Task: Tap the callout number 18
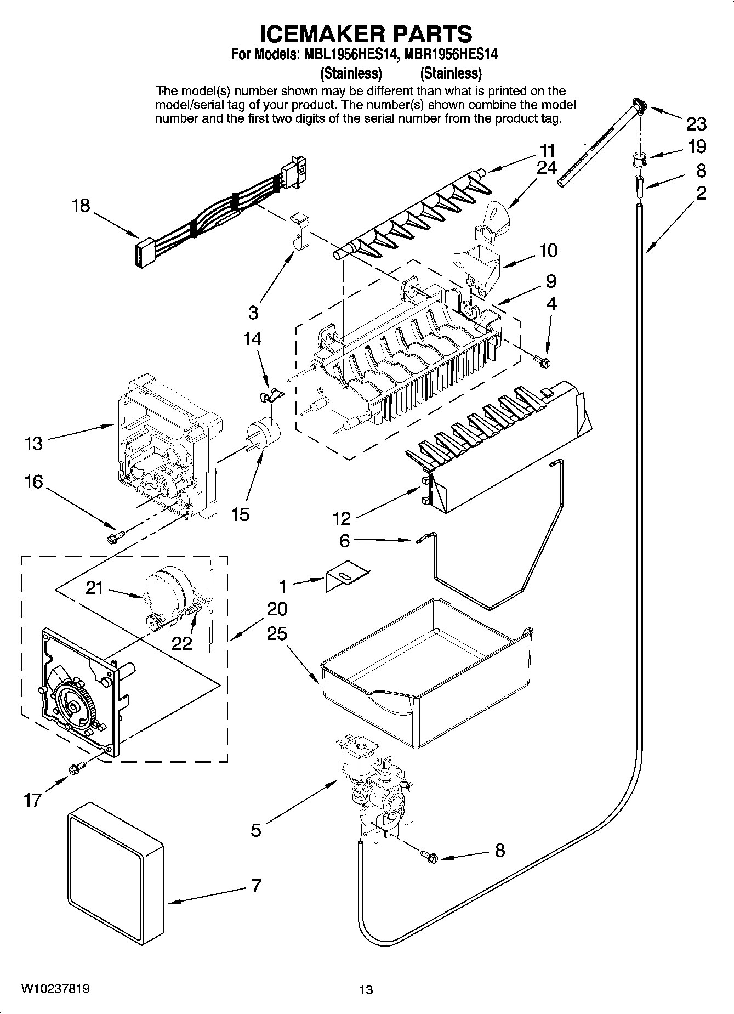point(81,206)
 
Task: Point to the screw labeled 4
point(544,359)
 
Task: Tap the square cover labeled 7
point(115,872)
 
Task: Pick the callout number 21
point(94,588)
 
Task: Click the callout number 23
point(696,124)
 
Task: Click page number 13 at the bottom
point(366,989)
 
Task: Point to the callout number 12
point(342,518)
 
